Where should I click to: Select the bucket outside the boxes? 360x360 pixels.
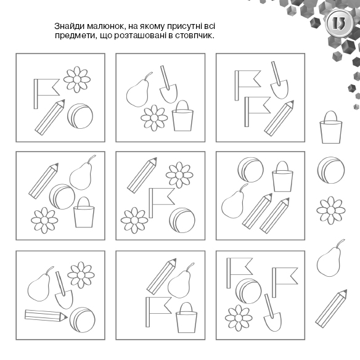pos(330,127)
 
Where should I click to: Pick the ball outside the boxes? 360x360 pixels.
pos(331,170)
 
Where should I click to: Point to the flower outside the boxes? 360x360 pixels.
pos(331,210)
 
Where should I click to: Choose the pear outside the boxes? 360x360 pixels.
pos(330,258)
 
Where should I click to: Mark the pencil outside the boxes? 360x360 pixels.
pos(331,309)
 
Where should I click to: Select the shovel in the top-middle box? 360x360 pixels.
pos(168,84)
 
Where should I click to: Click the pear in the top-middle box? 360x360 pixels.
pos(138,90)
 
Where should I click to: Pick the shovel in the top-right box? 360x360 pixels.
pos(279,80)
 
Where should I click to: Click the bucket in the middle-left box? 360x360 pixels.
pos(84,213)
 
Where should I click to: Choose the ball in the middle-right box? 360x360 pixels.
pos(250,170)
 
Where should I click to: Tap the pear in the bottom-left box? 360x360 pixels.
pos(39,284)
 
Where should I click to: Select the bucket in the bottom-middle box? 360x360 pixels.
pos(186,317)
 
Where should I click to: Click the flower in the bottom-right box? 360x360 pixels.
pos(239,318)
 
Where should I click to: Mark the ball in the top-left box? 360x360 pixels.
pos(80,116)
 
